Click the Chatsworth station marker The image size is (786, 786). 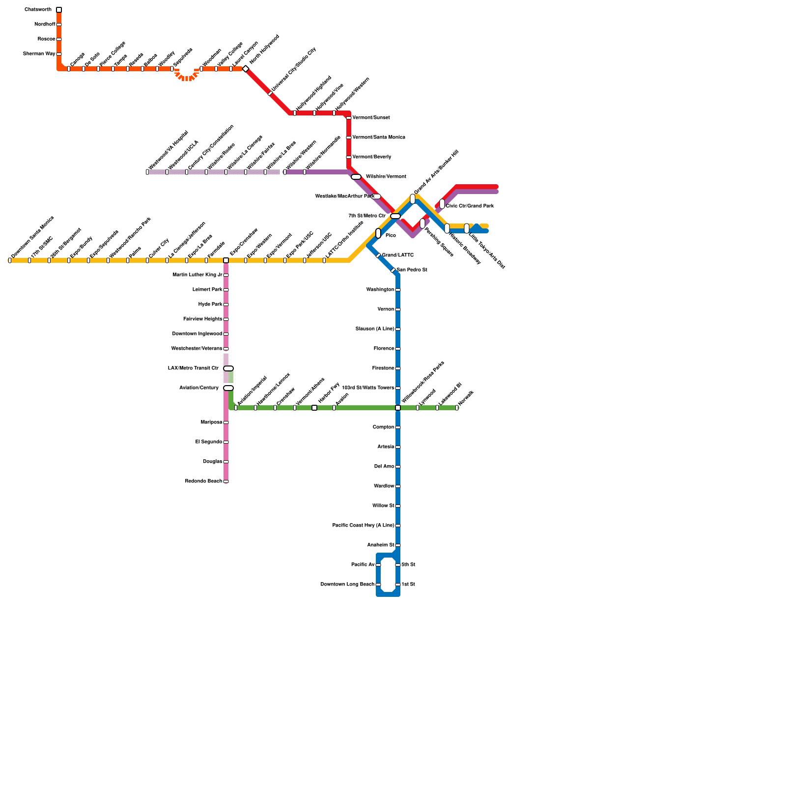(59, 10)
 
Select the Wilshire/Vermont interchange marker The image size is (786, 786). (356, 177)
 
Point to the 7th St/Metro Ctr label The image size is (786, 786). (366, 216)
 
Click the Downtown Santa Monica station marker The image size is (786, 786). (10, 260)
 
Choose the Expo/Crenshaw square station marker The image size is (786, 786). (226, 260)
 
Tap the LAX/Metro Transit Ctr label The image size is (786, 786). (193, 368)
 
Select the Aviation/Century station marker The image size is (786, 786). (228, 388)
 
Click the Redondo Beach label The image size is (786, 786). (203, 481)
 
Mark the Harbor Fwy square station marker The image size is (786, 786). (314, 408)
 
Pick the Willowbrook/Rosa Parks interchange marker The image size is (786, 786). (398, 408)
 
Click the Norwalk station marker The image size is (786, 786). (457, 408)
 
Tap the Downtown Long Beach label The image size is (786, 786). (347, 585)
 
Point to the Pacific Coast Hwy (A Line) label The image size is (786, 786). (363, 526)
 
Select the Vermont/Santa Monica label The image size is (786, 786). (379, 138)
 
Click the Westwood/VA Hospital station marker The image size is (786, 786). (147, 172)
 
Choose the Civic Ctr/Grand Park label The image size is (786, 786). (470, 206)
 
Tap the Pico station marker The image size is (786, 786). (378, 233)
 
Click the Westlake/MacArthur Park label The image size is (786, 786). (344, 196)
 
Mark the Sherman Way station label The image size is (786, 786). (39, 54)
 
